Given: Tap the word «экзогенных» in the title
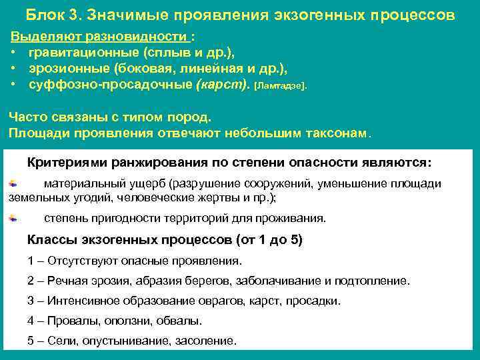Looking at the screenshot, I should point(312,15).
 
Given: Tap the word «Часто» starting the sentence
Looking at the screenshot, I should point(26,117).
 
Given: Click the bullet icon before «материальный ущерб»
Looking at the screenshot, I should point(13,182).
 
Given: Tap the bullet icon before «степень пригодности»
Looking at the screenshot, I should point(13,217).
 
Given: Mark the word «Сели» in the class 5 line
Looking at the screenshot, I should point(61,341).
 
